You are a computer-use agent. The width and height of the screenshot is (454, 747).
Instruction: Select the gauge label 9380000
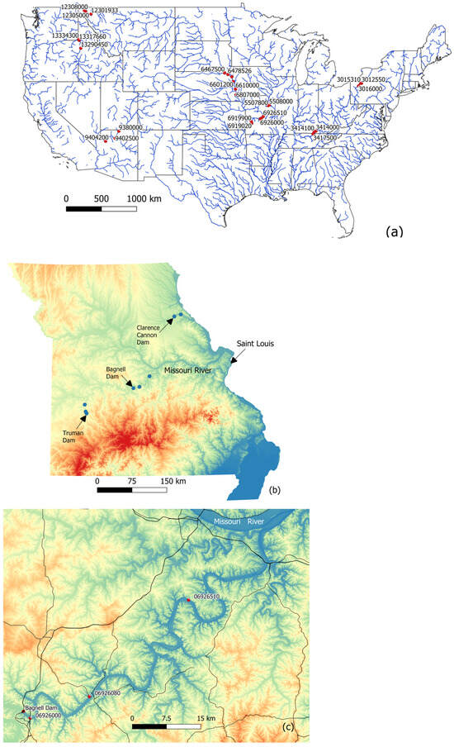(x=131, y=128)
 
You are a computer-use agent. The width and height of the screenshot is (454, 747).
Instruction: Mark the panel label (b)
(x=275, y=489)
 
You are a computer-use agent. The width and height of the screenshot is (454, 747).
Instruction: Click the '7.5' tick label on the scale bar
(x=168, y=718)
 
